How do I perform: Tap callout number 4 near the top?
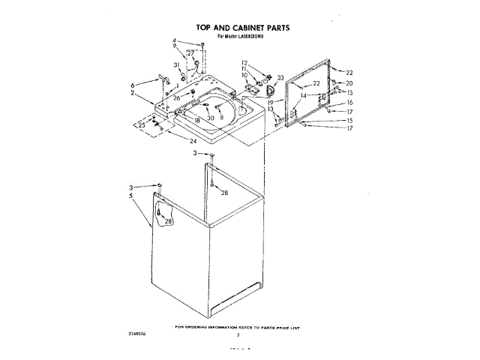[174, 40]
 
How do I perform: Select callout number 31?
[176, 65]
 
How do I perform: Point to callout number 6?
[133, 85]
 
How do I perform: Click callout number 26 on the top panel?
[177, 97]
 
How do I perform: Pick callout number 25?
[142, 124]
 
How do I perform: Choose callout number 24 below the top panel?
[193, 141]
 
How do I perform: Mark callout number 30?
[211, 118]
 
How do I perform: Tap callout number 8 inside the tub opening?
[222, 118]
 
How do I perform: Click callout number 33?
[280, 77]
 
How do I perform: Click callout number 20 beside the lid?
[349, 83]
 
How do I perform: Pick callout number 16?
[349, 103]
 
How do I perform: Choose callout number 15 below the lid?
[349, 120]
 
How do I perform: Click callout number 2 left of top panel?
[132, 93]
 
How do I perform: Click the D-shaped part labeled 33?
[264, 89]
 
